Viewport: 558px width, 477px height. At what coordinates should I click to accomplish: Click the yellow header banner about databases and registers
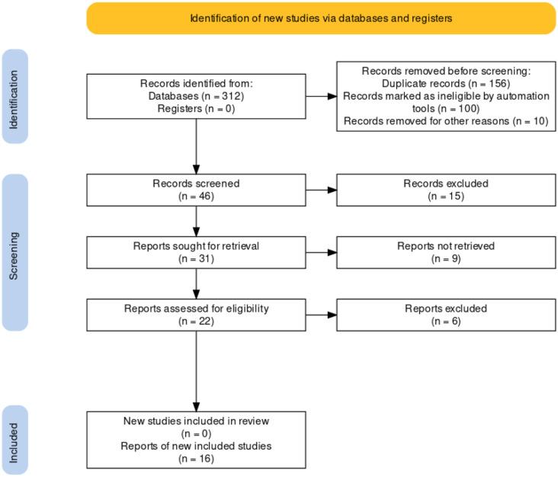321,18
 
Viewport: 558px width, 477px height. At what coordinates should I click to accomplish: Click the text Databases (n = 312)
196,96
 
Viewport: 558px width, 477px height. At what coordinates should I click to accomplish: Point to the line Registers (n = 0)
196,108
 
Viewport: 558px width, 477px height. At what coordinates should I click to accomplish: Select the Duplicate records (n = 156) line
446,84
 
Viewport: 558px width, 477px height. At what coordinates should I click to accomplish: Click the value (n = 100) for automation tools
446,108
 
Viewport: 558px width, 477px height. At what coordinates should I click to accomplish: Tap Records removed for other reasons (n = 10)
446,120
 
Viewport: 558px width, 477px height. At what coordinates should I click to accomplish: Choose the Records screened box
196,189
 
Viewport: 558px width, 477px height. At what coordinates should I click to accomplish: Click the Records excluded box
446,189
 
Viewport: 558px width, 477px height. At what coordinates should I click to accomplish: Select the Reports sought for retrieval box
196,251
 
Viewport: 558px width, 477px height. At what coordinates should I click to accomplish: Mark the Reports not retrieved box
446,251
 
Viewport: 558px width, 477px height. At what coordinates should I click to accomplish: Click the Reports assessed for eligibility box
196,314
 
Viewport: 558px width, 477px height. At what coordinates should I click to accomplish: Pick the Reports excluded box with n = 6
446,314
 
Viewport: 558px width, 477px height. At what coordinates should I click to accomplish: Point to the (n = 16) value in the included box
196,458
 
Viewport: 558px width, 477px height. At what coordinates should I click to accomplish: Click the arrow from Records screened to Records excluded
321,189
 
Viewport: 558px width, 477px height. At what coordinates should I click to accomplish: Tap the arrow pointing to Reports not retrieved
321,251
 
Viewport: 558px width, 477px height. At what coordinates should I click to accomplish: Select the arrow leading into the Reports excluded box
321,314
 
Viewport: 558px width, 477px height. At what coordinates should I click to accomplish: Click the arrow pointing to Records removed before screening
321,96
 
